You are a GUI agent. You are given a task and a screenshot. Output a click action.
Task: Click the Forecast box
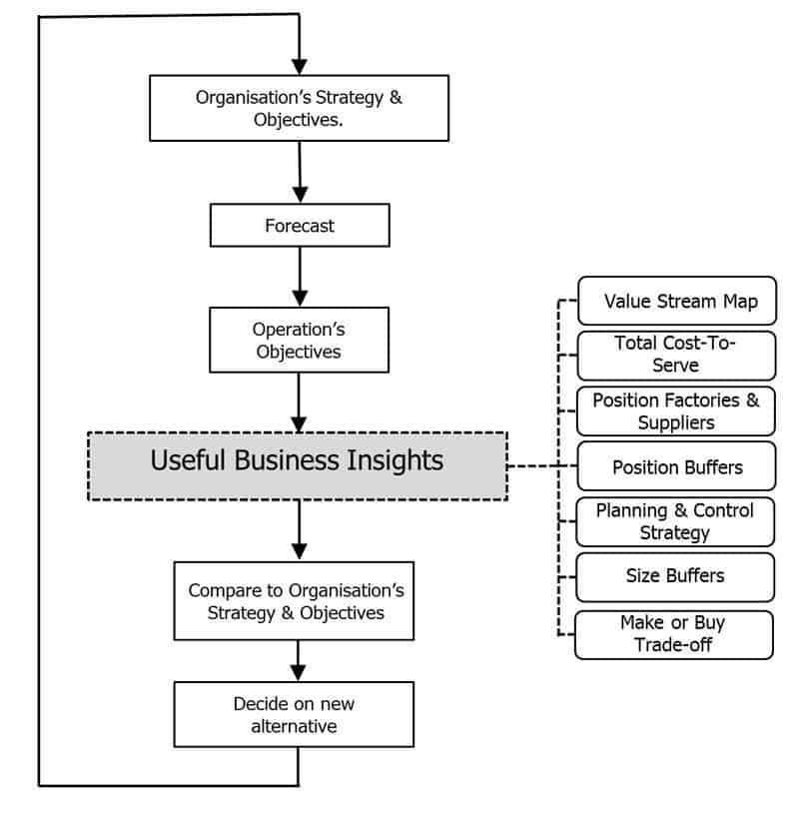pos(300,225)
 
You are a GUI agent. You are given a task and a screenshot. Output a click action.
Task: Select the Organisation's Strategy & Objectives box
pos(299,108)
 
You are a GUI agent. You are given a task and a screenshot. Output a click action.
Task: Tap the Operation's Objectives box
pos(299,340)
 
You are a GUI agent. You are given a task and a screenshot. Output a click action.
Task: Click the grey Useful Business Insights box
pos(298,466)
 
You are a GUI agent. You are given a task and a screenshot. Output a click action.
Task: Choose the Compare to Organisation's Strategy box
pos(294,601)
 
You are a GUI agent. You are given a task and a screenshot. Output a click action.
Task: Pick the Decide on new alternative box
pos(294,715)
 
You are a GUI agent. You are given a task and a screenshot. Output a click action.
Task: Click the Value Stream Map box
pos(677,301)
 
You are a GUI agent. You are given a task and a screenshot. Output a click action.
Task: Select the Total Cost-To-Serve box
pos(676,356)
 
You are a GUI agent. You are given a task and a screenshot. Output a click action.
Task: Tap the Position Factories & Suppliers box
pos(676,411)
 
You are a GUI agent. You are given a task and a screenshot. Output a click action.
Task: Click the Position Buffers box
pos(676,466)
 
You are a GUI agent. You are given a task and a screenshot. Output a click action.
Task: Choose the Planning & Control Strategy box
pos(675,521)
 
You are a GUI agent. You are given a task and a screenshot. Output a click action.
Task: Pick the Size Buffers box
pos(675,577)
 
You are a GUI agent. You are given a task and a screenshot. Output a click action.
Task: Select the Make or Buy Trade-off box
pos(674,635)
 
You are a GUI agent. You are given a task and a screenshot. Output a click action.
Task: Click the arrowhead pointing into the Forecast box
pos(300,195)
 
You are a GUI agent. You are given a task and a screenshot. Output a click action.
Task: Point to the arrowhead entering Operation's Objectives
pos(300,299)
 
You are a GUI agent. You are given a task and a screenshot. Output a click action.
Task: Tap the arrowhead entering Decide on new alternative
pos(298,673)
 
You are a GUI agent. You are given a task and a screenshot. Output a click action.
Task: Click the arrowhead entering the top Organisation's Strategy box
pos(299,67)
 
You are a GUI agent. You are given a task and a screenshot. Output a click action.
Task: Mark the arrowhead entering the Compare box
pos(299,552)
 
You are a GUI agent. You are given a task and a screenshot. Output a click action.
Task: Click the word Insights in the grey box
pos(396,460)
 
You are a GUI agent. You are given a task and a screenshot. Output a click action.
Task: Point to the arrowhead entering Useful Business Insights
pos(299,424)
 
